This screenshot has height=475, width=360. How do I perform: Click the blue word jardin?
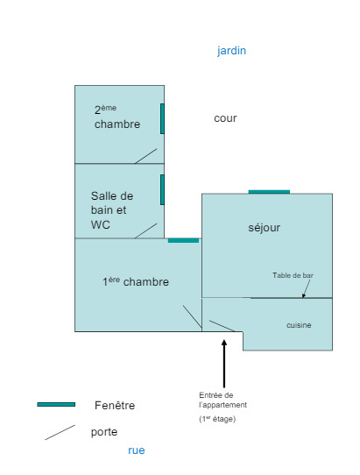pyautogui.click(x=231, y=51)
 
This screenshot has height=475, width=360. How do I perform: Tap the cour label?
pyautogui.click(x=225, y=118)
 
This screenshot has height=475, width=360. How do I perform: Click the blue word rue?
pyautogui.click(x=137, y=450)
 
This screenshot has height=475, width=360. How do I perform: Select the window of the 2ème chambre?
pyautogui.click(x=162, y=119)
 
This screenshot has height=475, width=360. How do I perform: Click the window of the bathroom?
pyautogui.click(x=162, y=189)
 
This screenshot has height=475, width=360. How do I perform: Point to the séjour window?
pyautogui.click(x=269, y=192)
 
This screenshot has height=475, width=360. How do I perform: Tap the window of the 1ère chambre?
pyautogui.click(x=183, y=240)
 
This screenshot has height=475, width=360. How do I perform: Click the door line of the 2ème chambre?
pyautogui.click(x=145, y=156)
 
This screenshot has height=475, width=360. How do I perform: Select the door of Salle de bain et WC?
pyautogui.click(x=145, y=230)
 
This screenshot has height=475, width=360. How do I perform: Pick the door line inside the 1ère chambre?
pyautogui.click(x=192, y=317)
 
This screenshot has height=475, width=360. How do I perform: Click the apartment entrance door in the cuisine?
pyautogui.click(x=222, y=326)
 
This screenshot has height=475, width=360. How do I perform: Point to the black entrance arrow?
pyautogui.click(x=224, y=364)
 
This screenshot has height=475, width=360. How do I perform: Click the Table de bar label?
pyautogui.click(x=293, y=275)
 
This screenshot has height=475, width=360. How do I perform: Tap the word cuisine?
pyautogui.click(x=299, y=325)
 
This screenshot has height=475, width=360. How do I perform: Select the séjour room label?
pyautogui.click(x=264, y=228)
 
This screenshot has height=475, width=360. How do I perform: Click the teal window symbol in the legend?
pyautogui.click(x=56, y=404)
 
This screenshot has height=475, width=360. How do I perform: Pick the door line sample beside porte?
pyautogui.click(x=60, y=433)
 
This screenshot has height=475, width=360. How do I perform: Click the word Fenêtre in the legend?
pyautogui.click(x=115, y=405)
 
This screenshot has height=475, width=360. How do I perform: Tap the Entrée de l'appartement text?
pyautogui.click(x=222, y=400)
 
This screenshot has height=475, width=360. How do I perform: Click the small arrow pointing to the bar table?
pyautogui.click(x=307, y=288)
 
